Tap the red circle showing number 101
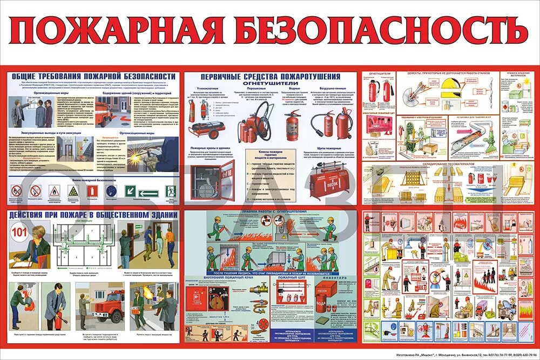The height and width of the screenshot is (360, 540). coord(19,233)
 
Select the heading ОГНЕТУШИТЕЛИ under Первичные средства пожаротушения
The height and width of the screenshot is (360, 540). coord(270,84)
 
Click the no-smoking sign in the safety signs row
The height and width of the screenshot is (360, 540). coord(17,191)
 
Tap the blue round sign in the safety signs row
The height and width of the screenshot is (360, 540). coord(111,191)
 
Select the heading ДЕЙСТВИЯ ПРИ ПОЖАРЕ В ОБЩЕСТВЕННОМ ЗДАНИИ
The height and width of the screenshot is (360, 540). coord(92,215)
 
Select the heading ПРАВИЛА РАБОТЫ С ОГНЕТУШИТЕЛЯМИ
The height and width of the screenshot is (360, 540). coord(270,212)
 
